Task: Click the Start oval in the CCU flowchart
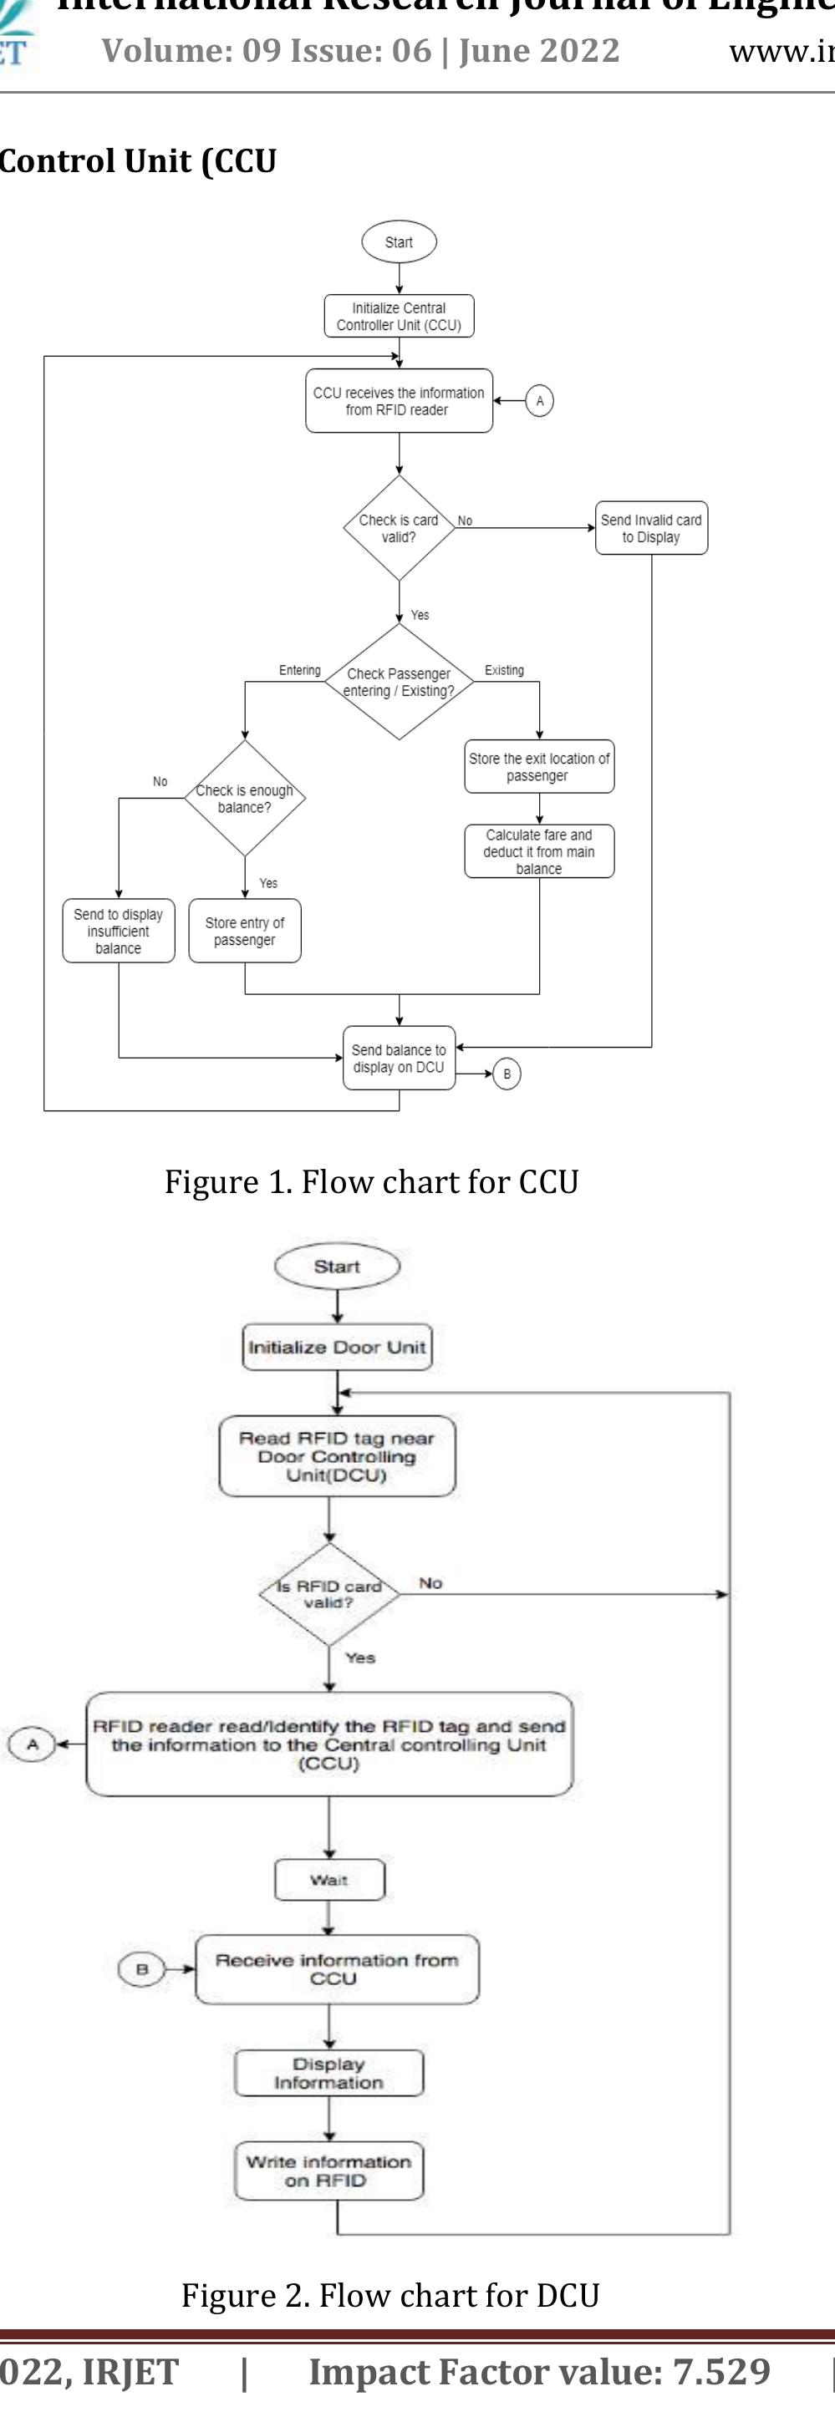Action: tap(399, 242)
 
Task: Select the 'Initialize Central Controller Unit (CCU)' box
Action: tap(399, 316)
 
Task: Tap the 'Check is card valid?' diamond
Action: tap(399, 528)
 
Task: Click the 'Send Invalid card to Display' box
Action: tap(651, 528)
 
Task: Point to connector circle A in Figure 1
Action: tap(538, 401)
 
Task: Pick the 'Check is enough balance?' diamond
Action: tap(245, 799)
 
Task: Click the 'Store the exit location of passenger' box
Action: tap(538, 767)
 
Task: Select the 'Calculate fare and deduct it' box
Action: tap(538, 851)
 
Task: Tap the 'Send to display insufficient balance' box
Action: tap(118, 931)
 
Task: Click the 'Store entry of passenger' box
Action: tap(245, 931)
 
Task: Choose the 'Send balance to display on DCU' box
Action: tap(399, 1058)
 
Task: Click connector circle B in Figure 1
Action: tap(507, 1074)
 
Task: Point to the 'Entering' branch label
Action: tap(299, 670)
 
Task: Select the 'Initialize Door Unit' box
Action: tap(337, 1348)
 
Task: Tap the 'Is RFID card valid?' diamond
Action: tap(328, 1594)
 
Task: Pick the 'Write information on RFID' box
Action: tap(328, 2171)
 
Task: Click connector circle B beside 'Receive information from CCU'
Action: tap(141, 1968)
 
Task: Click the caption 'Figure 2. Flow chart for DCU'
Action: tap(390, 2295)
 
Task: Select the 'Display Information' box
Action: tap(328, 2073)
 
